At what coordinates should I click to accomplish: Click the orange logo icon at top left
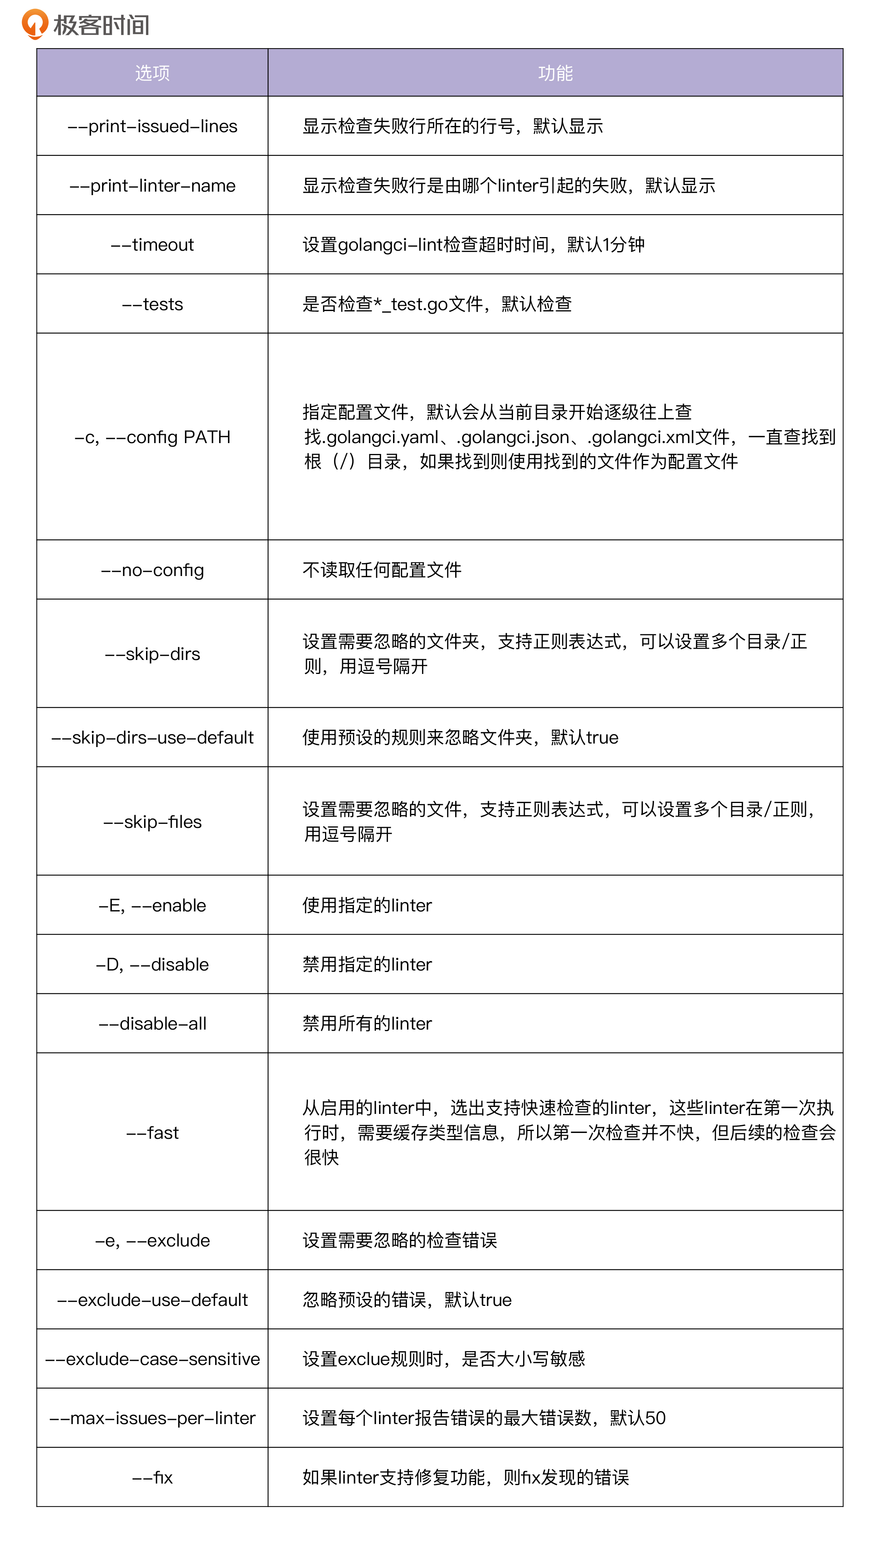click(34, 24)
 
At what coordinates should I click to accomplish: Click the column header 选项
click(152, 73)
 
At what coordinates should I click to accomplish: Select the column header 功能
click(555, 73)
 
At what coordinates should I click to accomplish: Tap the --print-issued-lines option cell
click(152, 126)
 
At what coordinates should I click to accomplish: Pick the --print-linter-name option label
click(152, 185)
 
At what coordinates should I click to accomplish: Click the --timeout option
click(152, 244)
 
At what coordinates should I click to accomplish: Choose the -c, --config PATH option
click(152, 437)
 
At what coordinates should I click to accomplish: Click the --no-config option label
click(152, 570)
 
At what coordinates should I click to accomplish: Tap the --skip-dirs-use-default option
click(152, 738)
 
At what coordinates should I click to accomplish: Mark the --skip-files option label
click(152, 822)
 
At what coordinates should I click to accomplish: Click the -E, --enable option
click(152, 905)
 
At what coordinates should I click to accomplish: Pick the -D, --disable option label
click(152, 964)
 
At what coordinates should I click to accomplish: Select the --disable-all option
click(152, 1023)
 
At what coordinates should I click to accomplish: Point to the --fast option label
click(152, 1133)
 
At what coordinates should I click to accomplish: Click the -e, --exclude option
click(152, 1240)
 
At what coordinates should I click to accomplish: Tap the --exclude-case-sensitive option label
click(152, 1359)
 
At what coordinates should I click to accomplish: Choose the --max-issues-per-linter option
click(152, 1418)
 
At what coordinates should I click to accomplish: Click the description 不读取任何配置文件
click(382, 570)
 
